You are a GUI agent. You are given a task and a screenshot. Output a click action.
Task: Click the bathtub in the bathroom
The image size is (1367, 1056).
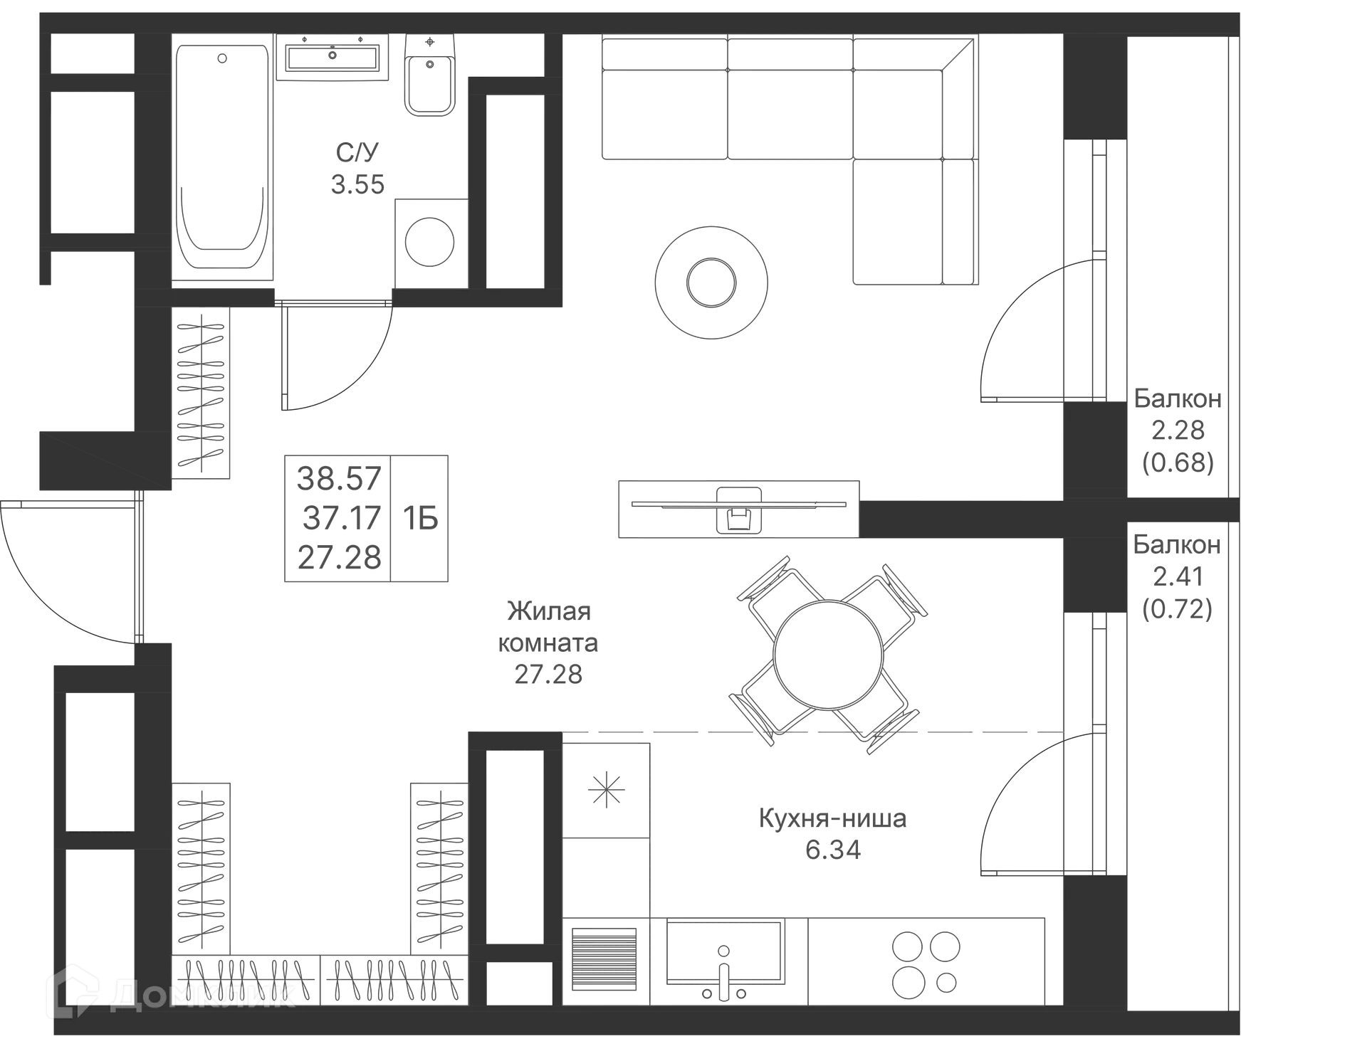(x=222, y=157)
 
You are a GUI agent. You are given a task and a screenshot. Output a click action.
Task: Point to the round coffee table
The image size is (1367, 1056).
(x=711, y=282)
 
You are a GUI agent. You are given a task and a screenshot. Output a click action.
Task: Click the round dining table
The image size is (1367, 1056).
(x=827, y=655)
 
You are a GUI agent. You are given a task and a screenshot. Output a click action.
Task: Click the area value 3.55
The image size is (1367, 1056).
(x=358, y=184)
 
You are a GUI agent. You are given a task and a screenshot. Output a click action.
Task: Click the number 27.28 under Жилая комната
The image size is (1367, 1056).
(x=548, y=673)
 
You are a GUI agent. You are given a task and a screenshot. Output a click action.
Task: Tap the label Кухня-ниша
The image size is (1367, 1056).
(x=832, y=818)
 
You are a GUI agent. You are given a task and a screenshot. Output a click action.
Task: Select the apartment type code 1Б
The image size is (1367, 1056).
(x=420, y=517)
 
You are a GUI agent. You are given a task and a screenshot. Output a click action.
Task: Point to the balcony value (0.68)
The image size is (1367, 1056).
(x=1178, y=463)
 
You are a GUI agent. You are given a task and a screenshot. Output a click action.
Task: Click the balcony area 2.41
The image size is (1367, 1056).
(x=1178, y=576)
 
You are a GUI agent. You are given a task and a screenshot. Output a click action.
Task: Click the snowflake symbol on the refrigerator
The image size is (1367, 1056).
(x=606, y=789)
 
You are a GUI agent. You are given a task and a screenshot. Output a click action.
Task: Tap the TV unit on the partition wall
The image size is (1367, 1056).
(x=738, y=508)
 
